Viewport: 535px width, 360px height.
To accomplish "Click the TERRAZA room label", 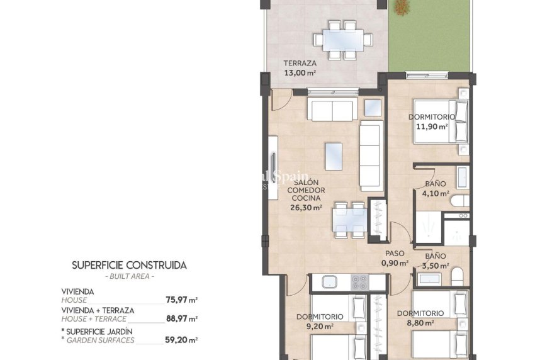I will pos(300,64).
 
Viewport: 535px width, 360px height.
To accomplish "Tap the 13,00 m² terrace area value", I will pos(300,72).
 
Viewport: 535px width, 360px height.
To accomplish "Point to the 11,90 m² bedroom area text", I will pos(431,126).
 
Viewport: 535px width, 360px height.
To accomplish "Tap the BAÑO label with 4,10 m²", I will pos(435,184).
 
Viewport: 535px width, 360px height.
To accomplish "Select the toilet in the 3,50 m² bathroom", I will pos(458,275).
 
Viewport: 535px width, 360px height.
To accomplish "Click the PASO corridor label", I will pos(395,254).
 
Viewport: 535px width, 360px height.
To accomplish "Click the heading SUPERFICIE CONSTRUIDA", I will pos(129,265).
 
